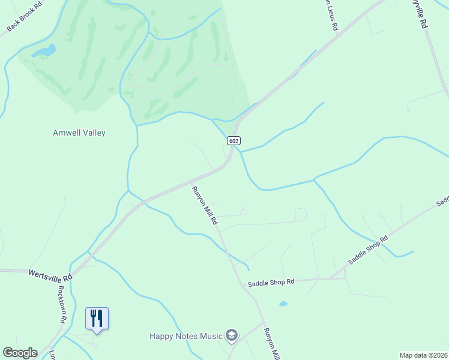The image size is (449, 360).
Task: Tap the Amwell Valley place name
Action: tap(79, 133)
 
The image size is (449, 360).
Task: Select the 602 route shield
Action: tap(234, 140)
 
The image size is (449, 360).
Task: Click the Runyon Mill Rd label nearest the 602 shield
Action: tap(205, 206)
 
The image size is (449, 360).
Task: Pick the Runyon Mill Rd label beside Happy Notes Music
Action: tap(272, 344)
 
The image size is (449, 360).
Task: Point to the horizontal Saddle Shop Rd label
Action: tap(271, 281)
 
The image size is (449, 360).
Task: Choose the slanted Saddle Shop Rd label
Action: tap(369, 251)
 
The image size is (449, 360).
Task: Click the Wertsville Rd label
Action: tap(50, 275)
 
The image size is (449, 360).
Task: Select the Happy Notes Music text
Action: tap(186, 336)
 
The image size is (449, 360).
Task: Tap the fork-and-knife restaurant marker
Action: tap(97, 318)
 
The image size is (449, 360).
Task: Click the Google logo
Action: tap(20, 353)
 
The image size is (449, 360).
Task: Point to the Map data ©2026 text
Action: tap(423, 355)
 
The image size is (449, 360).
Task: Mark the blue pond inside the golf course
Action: tap(44, 51)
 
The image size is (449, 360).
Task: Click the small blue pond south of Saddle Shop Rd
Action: tap(283, 304)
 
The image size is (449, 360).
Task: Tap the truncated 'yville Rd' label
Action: tap(419, 13)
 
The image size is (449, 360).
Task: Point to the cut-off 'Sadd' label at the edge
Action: tap(442, 200)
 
